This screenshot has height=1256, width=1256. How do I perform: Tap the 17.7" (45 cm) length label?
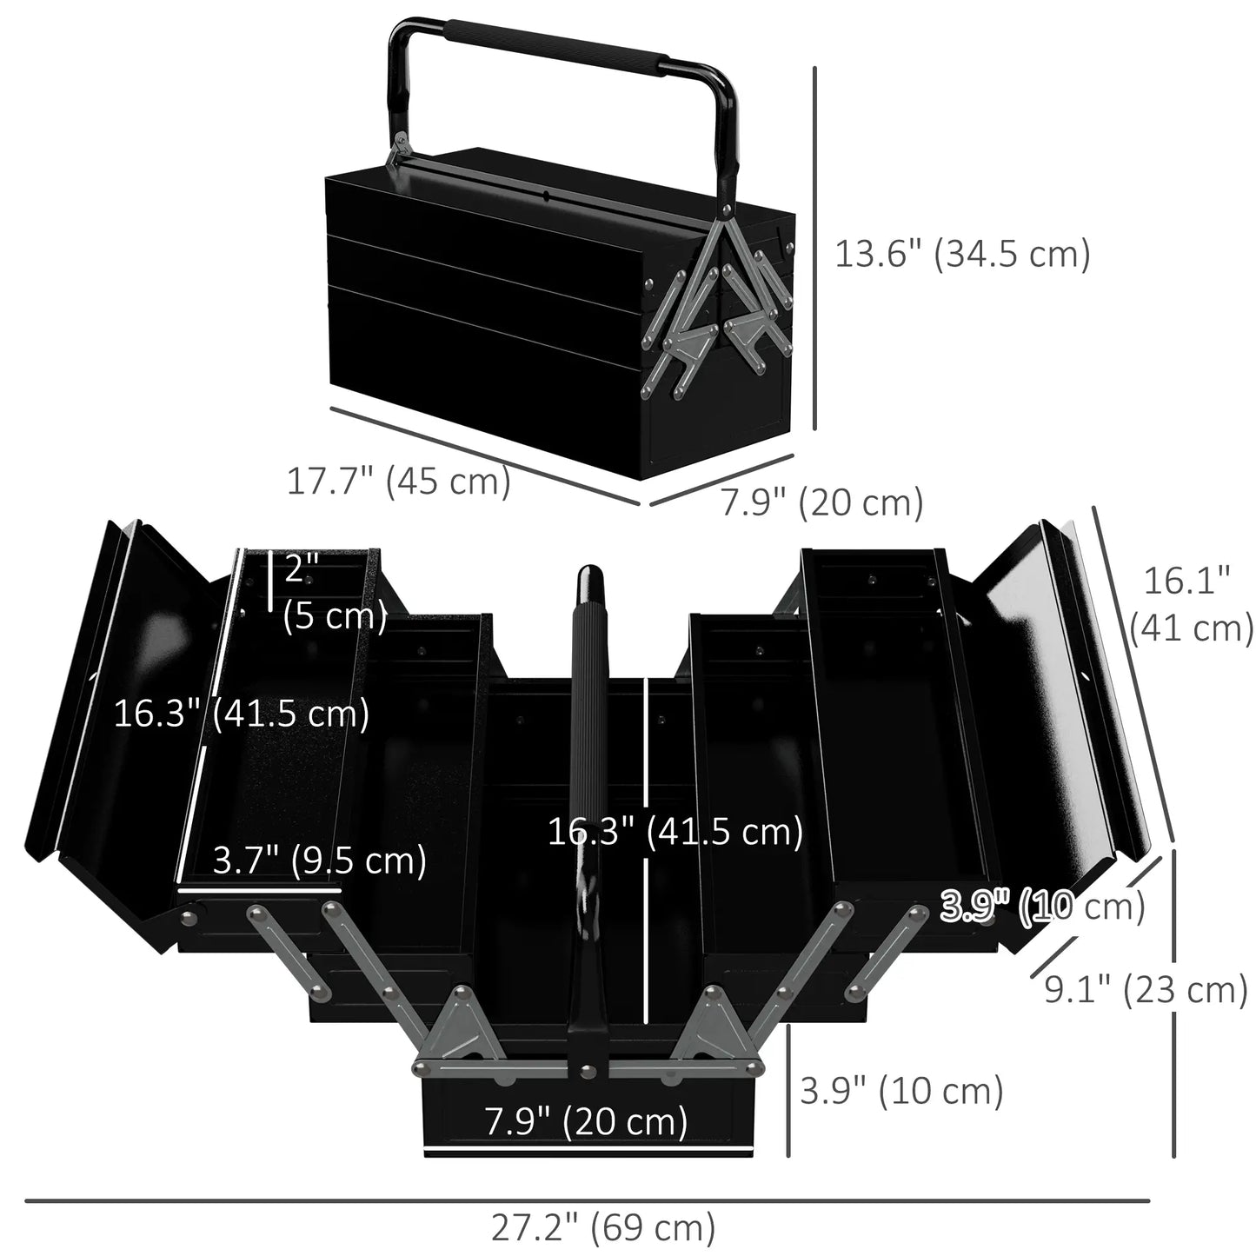[x=399, y=481]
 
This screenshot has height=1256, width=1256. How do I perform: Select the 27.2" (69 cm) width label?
[x=603, y=1227]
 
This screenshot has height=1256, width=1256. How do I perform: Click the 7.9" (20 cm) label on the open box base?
[x=586, y=1120]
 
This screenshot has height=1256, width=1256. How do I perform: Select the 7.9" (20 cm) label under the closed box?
[x=821, y=502]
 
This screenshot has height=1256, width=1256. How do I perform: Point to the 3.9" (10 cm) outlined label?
[x=1043, y=907]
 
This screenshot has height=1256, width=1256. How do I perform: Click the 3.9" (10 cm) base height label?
[x=901, y=1091]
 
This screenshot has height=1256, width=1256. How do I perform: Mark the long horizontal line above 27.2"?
[x=587, y=1201]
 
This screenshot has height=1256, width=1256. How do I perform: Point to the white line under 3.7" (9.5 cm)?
[x=259, y=889]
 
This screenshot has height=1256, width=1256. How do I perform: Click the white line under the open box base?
[x=598, y=1155]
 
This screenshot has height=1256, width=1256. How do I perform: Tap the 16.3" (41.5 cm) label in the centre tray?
[x=675, y=832]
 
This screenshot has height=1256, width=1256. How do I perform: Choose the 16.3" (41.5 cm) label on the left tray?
[x=242, y=714]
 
